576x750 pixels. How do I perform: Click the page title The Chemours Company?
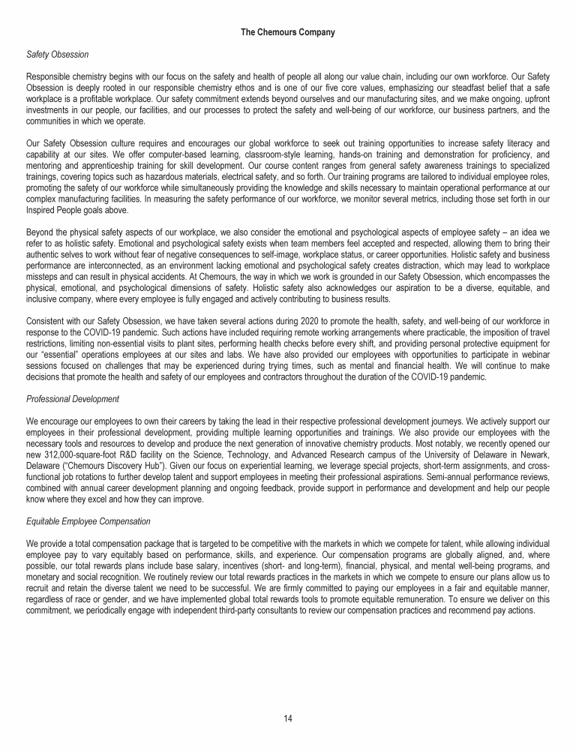click(x=288, y=32)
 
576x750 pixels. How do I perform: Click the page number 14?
click(x=288, y=718)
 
